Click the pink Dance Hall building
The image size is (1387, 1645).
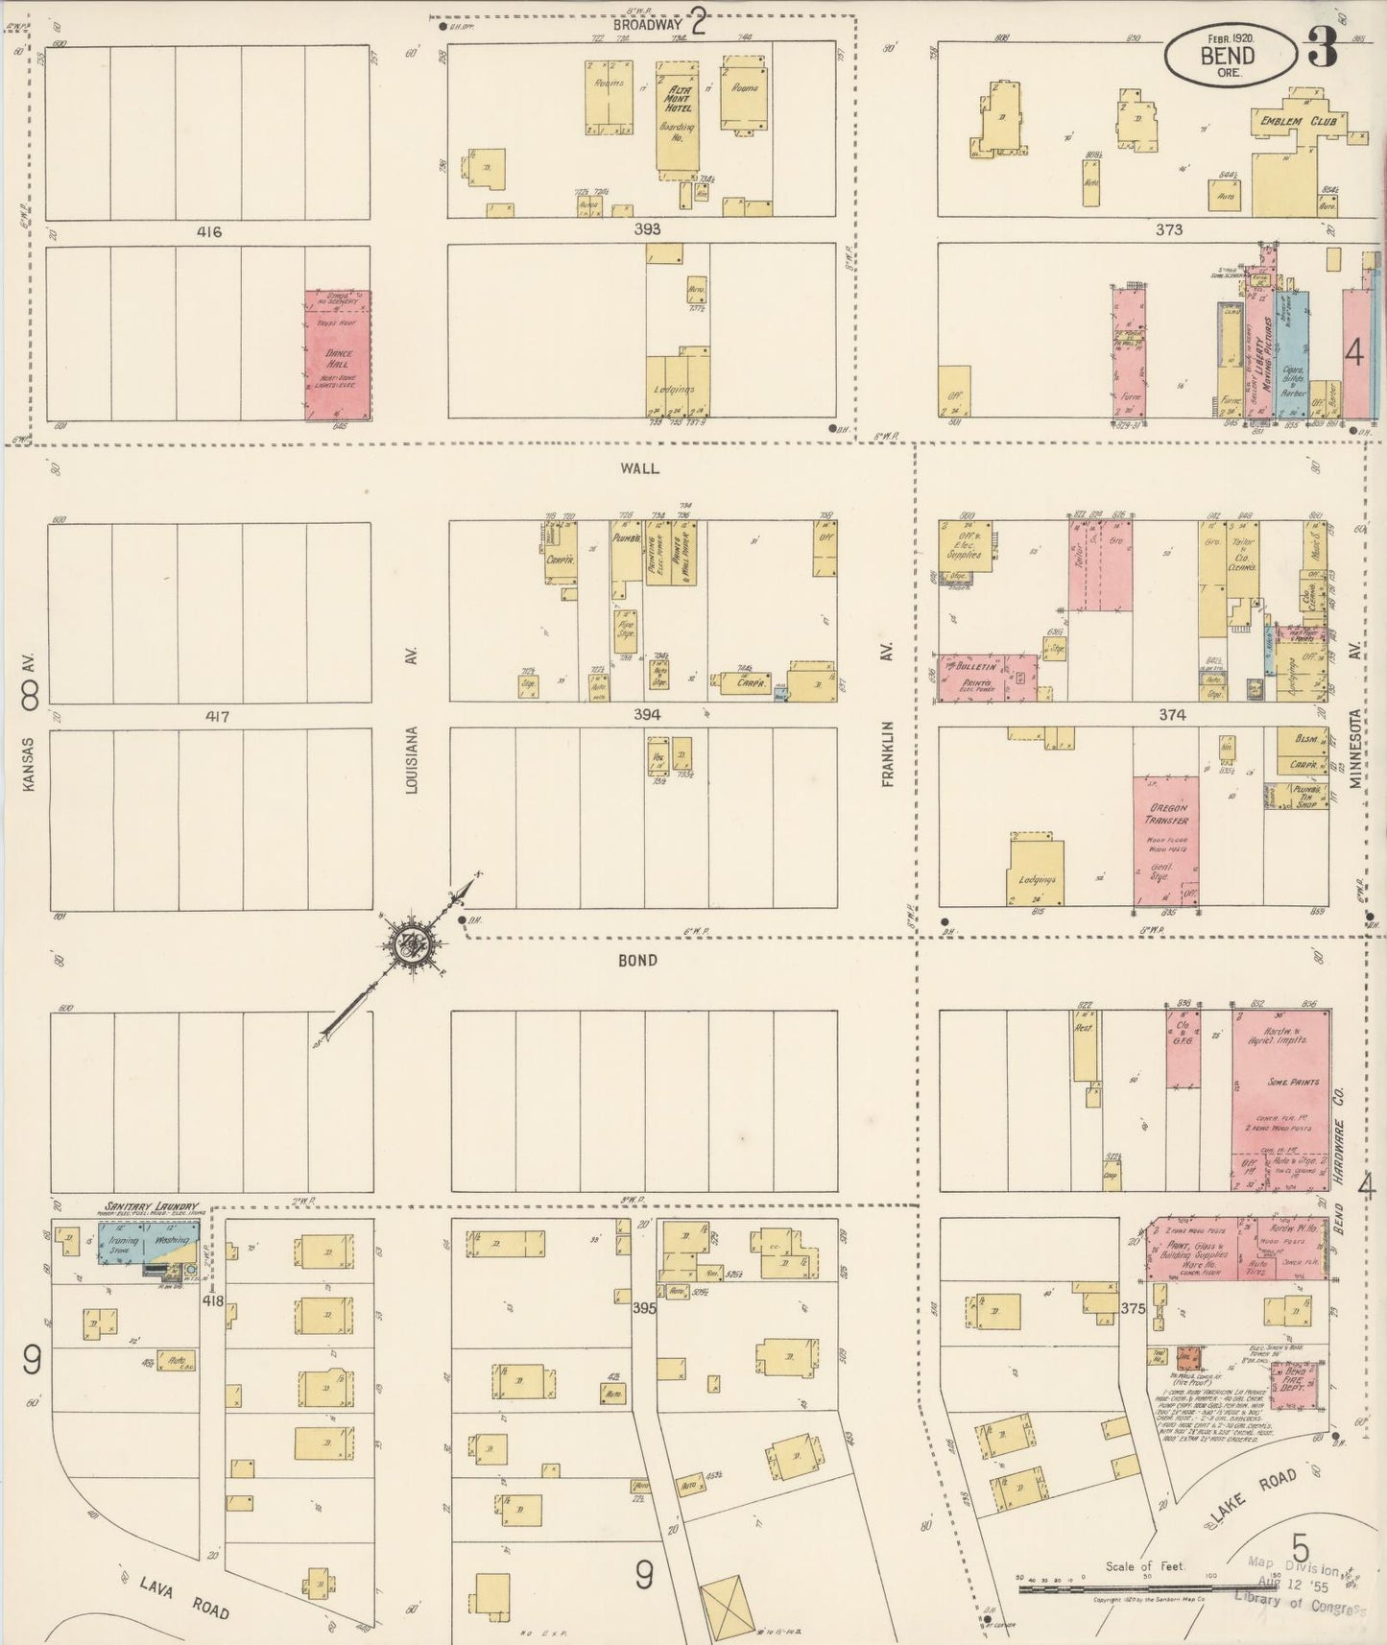pos(338,355)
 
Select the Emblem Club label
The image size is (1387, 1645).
pos(1287,122)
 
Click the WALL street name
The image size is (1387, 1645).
pos(639,467)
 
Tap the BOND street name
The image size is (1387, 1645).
pos(637,960)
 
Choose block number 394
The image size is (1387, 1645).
pos(646,714)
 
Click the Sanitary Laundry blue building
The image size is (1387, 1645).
pos(149,1248)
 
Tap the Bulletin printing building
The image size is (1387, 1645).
pos(987,677)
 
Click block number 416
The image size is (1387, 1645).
pos(208,231)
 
